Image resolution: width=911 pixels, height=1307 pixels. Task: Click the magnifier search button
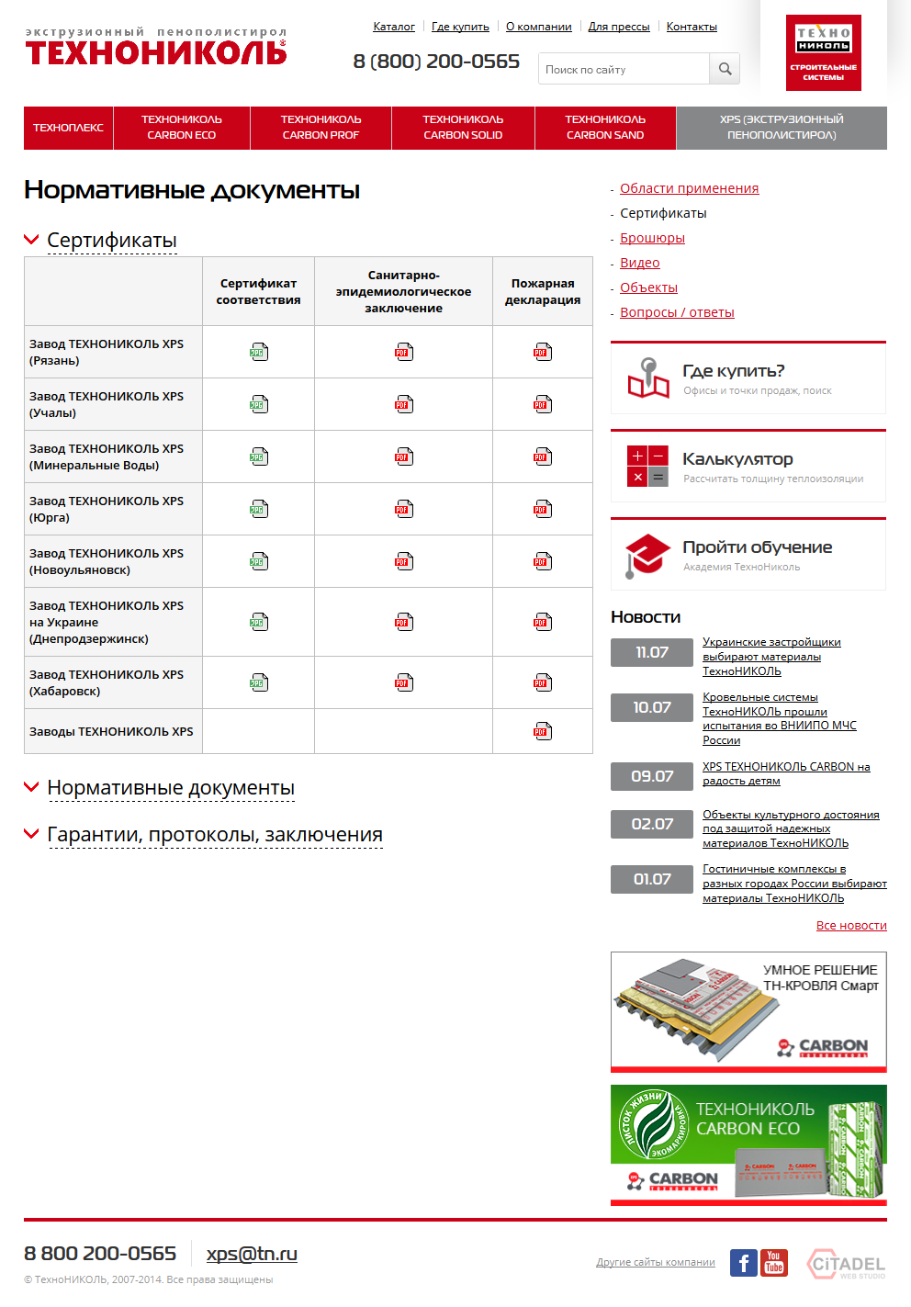[x=725, y=69]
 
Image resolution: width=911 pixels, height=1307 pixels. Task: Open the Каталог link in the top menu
[x=394, y=27]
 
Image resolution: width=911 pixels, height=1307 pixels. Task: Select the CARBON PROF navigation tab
[x=321, y=128]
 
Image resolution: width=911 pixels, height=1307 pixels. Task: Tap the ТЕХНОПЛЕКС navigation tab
[x=69, y=128]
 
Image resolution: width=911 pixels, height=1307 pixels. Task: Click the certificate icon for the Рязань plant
[x=259, y=352]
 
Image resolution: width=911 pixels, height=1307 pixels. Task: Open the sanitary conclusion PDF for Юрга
[x=403, y=509]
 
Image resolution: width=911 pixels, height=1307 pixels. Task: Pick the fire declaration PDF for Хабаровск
[x=543, y=682]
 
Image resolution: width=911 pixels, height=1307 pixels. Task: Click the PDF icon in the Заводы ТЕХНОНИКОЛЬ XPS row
[x=543, y=731]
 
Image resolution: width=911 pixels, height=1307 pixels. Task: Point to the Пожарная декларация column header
[x=543, y=291]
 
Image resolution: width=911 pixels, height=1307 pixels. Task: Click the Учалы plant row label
[x=107, y=404]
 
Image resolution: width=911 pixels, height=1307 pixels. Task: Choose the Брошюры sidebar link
[x=652, y=238]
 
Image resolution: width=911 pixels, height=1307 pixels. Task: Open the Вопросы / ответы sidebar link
[x=677, y=312]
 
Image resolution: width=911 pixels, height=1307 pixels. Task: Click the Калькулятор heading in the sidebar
[x=737, y=459]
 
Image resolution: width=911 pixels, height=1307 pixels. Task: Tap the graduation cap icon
[x=647, y=555]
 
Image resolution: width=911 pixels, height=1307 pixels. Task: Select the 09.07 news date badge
[x=652, y=776]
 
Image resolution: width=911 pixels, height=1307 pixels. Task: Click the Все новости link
[x=851, y=926]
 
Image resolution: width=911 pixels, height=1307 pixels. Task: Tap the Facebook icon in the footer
[x=744, y=1263]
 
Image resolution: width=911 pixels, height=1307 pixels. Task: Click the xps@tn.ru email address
[x=252, y=1254]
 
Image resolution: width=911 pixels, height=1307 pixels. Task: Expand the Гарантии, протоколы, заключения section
[x=215, y=835]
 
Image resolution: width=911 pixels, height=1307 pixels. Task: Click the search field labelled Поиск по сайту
[x=624, y=69]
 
